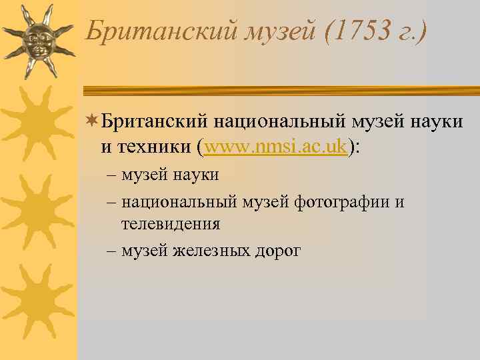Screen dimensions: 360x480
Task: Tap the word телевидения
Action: (x=170, y=225)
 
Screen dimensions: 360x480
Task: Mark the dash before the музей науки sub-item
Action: (x=110, y=175)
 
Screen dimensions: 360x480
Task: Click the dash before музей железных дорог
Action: (x=110, y=251)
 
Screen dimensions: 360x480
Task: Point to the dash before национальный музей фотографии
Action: (x=110, y=202)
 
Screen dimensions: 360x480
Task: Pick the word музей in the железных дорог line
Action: (x=145, y=251)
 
